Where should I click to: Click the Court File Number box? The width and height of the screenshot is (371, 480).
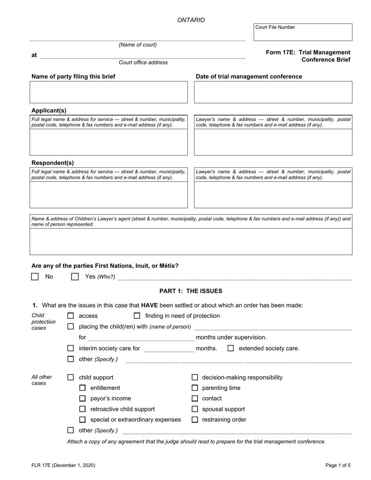click(x=303, y=34)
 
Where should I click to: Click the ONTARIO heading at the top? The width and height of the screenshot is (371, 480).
click(x=191, y=20)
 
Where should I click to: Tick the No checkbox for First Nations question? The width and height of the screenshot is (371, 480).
click(x=35, y=277)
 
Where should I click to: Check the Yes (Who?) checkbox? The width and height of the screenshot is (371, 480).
click(x=75, y=277)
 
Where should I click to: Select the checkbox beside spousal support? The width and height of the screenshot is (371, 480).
click(x=195, y=409)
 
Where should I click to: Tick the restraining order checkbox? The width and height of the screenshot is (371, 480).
click(x=195, y=420)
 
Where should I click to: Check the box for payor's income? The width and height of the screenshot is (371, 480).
click(x=82, y=398)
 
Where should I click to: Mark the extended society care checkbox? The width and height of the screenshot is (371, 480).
click(x=231, y=348)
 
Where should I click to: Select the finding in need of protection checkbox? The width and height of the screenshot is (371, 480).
click(x=137, y=316)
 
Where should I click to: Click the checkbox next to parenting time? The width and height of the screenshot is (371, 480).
click(x=195, y=388)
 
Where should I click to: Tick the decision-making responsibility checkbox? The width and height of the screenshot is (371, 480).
click(x=195, y=377)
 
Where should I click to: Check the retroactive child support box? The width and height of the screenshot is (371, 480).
click(x=82, y=409)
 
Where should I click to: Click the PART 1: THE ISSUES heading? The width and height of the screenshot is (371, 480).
click(x=191, y=291)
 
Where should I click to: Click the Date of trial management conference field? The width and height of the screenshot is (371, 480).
click(x=273, y=92)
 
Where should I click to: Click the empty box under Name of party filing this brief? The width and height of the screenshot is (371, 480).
click(x=109, y=92)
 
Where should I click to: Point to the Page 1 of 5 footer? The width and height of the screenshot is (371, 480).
click(x=338, y=465)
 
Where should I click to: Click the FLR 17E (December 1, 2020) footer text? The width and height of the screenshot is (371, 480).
click(x=63, y=465)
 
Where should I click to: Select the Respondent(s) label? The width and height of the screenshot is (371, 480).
click(x=52, y=163)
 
